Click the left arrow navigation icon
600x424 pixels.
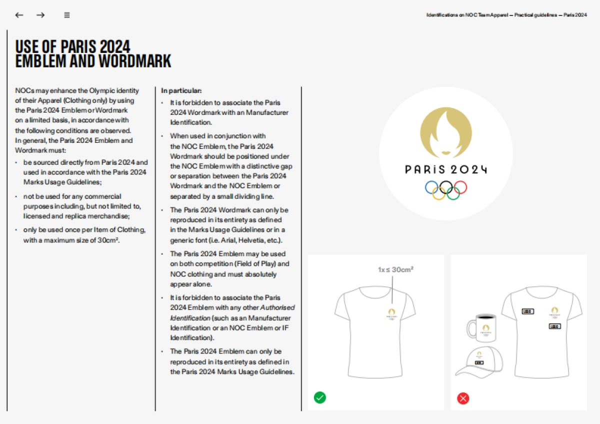pos(19,15)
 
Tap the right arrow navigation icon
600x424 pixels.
pos(40,15)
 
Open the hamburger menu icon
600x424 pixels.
pos(67,15)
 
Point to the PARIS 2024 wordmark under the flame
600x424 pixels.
pos(445,169)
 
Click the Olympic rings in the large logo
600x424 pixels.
pos(445,189)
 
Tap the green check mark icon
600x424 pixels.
pos(320,398)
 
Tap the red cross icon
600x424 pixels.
pos(463,398)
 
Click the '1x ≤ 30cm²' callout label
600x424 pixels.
pos(395,270)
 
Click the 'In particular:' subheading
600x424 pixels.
pos(181,91)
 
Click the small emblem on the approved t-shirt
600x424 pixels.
pos(391,314)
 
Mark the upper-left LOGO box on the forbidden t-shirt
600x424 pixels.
pos(527,311)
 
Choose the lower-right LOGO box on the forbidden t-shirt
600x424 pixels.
pos(554,326)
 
